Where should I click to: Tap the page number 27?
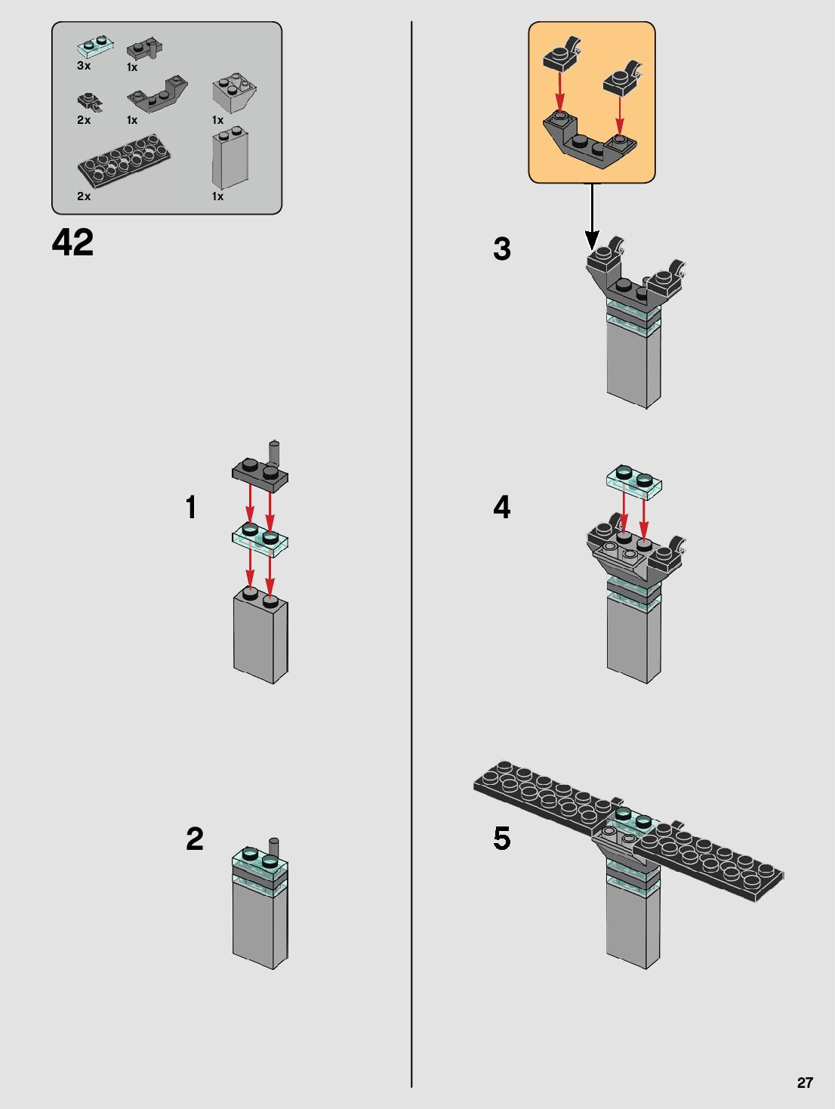pyautogui.click(x=805, y=1083)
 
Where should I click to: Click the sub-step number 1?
pyautogui.click(x=191, y=507)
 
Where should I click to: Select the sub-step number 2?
pyautogui.click(x=194, y=839)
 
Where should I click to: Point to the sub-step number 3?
pyautogui.click(x=502, y=249)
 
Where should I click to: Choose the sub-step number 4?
pyautogui.click(x=502, y=507)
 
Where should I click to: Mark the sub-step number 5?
pyautogui.click(x=502, y=839)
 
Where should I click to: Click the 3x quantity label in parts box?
pyautogui.click(x=84, y=66)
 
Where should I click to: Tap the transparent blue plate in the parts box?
pyautogui.click(x=95, y=48)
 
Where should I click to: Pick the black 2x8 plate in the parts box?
pyautogui.click(x=124, y=161)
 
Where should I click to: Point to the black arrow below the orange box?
pyautogui.click(x=592, y=216)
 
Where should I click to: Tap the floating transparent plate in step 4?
pyautogui.click(x=634, y=482)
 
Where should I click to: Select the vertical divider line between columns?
pyautogui.click(x=411, y=554)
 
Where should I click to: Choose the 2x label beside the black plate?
pyautogui.click(x=84, y=196)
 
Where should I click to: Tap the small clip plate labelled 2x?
pyautogui.click(x=90, y=103)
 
